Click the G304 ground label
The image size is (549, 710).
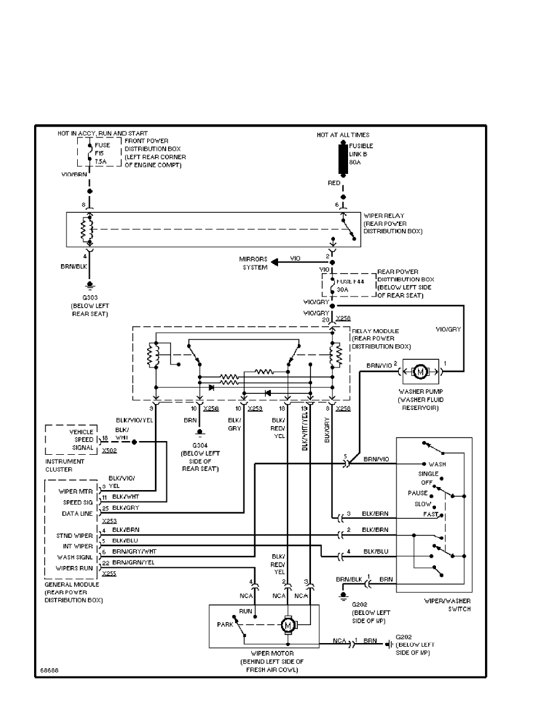[x=200, y=446]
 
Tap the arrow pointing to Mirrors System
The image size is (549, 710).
[x=276, y=262]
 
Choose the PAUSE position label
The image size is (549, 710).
[x=418, y=494]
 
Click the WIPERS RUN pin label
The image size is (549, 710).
[x=74, y=568]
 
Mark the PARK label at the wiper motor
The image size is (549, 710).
[x=225, y=625]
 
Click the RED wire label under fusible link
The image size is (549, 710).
[x=334, y=182]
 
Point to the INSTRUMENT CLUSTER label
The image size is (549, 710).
[x=65, y=466]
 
